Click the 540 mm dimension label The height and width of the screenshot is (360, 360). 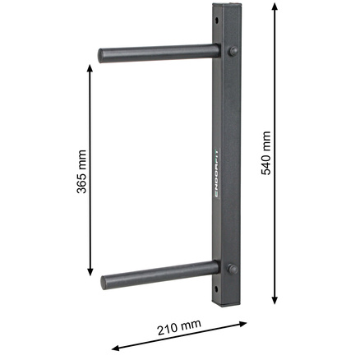(266, 153)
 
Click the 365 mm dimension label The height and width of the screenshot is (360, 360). (81, 172)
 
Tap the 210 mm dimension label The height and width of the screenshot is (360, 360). (179, 327)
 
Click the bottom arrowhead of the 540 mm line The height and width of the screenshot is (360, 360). (275, 300)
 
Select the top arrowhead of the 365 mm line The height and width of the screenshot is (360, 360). (90, 69)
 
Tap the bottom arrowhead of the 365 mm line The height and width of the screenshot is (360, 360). (90, 271)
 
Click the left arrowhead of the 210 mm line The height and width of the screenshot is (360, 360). (116, 348)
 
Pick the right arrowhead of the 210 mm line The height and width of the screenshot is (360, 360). (242, 324)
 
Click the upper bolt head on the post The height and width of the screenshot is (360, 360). (233, 51)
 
